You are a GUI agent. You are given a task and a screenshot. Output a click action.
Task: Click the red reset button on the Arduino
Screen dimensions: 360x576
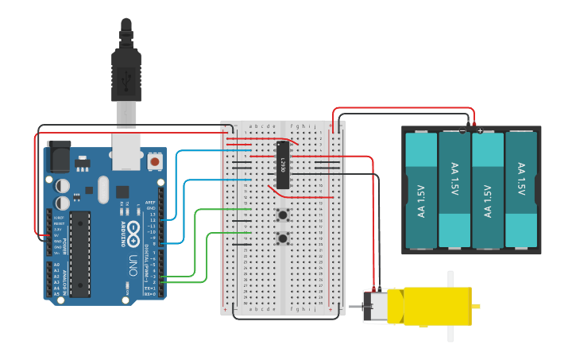point(155,161)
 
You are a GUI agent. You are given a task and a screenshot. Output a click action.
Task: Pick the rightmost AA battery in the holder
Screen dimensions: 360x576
point(521,190)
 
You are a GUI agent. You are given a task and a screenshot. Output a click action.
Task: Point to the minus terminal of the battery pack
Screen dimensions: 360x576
point(463,126)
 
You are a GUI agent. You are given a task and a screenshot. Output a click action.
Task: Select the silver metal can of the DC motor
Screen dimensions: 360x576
point(375,306)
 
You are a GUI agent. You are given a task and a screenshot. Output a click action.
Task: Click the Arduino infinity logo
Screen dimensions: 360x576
point(133,233)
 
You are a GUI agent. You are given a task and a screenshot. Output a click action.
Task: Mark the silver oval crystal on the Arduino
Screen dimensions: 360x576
point(102,190)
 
